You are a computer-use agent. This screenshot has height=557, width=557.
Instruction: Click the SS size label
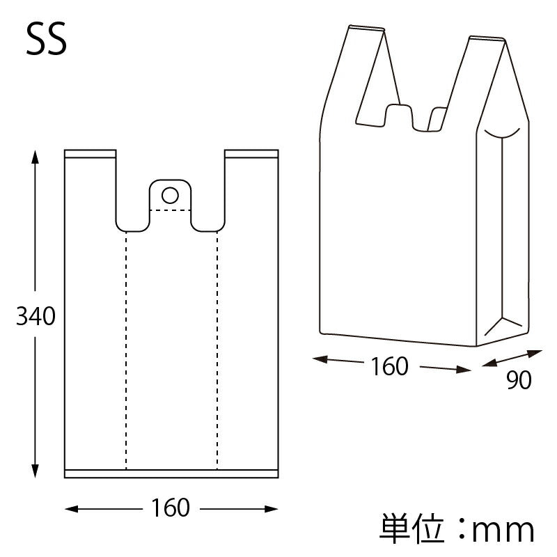[47, 41]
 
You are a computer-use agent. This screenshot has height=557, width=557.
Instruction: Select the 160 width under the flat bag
[170, 508]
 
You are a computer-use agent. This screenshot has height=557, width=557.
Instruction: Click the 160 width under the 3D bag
[389, 366]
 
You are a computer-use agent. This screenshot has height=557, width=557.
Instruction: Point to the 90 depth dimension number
[519, 380]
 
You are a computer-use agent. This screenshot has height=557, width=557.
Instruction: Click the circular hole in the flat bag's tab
[170, 194]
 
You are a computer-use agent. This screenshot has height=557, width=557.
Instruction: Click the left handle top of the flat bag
[90, 153]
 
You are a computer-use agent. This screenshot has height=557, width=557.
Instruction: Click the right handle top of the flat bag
[251, 153]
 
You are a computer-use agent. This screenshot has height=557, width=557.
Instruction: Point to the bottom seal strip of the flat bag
[171, 473]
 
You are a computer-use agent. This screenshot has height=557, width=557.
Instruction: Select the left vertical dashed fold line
[126, 348]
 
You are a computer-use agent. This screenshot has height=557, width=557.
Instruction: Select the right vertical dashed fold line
[217, 348]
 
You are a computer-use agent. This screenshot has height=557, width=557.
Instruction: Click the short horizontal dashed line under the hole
[171, 209]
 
